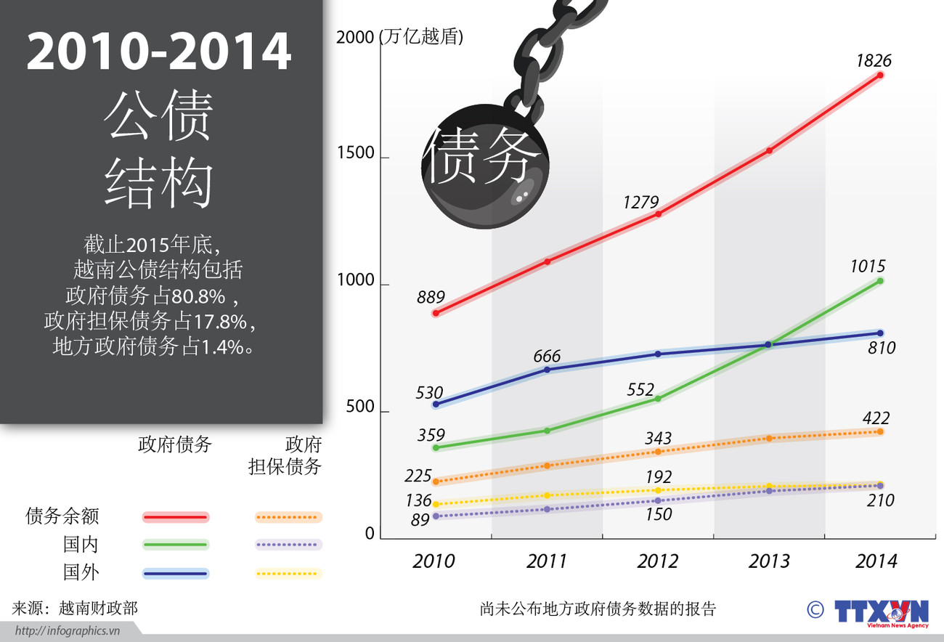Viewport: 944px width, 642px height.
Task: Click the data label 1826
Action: pos(873,60)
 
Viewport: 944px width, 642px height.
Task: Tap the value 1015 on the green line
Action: pos(868,267)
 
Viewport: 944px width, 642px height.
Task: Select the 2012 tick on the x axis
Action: pos(658,561)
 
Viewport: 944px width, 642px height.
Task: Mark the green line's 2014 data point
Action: pos(880,281)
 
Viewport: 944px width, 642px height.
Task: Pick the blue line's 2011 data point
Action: pos(548,370)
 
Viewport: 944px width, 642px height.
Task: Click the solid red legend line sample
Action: pos(176,517)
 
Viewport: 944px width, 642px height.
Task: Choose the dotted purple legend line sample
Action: pos(288,545)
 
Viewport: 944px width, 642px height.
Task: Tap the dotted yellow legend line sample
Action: pos(288,573)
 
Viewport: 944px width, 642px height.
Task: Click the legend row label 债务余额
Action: pos(62,516)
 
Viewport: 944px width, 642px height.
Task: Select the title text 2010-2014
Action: pos(159,52)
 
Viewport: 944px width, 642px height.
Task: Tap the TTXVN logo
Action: pos(882,611)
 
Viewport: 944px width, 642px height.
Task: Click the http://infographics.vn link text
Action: pos(67,630)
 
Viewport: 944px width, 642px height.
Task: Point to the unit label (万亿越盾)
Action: pos(421,37)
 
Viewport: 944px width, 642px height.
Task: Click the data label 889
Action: pos(431,297)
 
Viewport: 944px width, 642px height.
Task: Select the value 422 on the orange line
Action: pos(876,418)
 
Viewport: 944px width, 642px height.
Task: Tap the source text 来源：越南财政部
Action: pos(75,607)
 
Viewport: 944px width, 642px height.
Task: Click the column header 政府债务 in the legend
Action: pos(174,444)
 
